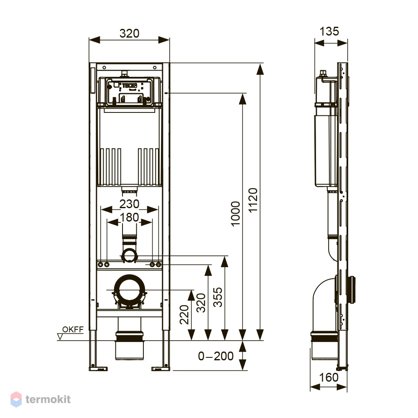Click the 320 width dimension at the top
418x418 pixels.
click(129, 33)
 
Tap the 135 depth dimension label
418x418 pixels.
click(329, 31)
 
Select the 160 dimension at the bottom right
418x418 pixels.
click(329, 377)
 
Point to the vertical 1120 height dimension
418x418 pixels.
click(253, 200)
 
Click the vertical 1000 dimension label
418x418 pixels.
click(235, 214)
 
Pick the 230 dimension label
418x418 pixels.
click(129, 204)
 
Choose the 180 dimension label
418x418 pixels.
click(129, 217)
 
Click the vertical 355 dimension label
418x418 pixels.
click(218, 297)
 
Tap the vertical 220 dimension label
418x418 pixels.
click(184, 315)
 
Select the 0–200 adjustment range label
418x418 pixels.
click(216, 356)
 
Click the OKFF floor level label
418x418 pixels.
click(73, 329)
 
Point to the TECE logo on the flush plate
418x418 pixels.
click(129, 86)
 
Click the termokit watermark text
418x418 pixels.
click(48, 399)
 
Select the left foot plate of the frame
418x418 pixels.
click(98, 369)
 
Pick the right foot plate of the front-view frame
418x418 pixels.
click(161, 369)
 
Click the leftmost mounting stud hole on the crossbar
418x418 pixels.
click(100, 265)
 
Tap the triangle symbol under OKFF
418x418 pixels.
click(60, 337)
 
